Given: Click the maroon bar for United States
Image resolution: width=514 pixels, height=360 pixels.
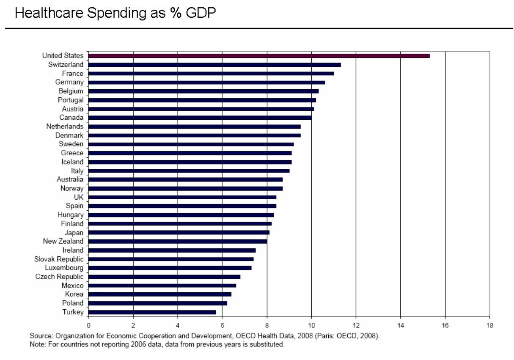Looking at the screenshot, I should (x=259, y=56).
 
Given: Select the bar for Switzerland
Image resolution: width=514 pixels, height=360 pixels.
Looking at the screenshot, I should (x=214, y=65).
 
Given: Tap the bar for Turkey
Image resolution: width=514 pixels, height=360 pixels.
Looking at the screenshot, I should (x=152, y=312).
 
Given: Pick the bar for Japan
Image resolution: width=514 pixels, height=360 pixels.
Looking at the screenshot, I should (x=179, y=232).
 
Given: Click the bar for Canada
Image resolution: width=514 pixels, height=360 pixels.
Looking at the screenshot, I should (x=200, y=118).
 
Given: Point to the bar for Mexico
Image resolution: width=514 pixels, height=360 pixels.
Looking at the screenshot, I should (x=162, y=286).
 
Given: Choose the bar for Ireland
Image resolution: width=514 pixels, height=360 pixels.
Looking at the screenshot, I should (x=172, y=250).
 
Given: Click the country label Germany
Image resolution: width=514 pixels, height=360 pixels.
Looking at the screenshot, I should (x=69, y=82).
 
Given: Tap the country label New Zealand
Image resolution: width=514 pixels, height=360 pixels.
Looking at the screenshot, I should (x=63, y=241).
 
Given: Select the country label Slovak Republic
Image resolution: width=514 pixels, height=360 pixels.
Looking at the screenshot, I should (x=59, y=259).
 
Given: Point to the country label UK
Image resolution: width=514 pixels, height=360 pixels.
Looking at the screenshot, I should (x=78, y=197).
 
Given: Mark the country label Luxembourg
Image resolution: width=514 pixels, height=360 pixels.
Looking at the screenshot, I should (x=64, y=268).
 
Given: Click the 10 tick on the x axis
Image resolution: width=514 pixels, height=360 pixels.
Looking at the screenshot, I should (x=311, y=325).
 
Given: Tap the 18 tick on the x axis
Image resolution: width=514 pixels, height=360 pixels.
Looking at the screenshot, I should (x=489, y=325).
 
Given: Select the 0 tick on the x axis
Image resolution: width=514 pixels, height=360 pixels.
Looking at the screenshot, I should (x=88, y=325).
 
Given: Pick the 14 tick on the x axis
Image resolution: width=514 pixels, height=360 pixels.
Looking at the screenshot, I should (x=400, y=325).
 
